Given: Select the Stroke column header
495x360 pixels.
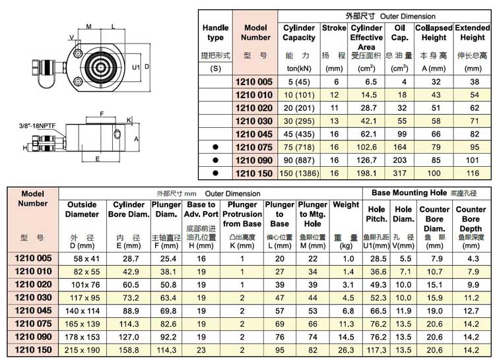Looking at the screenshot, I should click(x=334, y=28).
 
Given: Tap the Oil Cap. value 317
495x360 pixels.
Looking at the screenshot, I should click(x=399, y=173).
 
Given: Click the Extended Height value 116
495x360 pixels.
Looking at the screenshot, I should click(x=473, y=173).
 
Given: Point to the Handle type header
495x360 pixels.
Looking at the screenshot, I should click(x=215, y=33).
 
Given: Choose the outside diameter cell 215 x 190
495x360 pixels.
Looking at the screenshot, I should click(x=81, y=349).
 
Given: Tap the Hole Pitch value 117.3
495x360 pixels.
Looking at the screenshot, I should click(x=377, y=349).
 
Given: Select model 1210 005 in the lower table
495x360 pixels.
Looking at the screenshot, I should click(x=32, y=258).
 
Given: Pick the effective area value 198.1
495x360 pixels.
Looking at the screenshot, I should click(x=366, y=173).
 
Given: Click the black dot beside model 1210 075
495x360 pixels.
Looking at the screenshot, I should click(x=214, y=147).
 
